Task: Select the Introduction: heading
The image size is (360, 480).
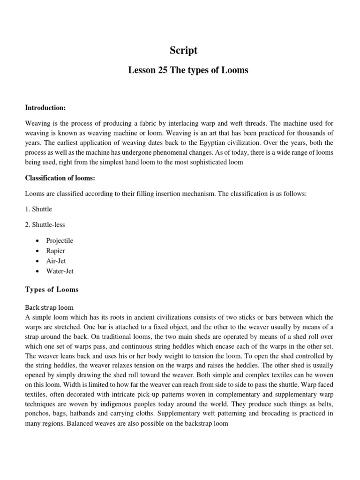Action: (45, 108)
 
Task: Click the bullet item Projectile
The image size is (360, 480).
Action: (60, 240)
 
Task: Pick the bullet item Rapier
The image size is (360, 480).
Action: (56, 251)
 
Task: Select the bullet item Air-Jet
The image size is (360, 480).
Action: (56, 261)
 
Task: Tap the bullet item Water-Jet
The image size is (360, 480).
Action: (60, 271)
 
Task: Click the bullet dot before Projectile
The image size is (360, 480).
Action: (37, 241)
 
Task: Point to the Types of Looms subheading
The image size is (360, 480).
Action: (52, 290)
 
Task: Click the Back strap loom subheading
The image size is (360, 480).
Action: (49, 307)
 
